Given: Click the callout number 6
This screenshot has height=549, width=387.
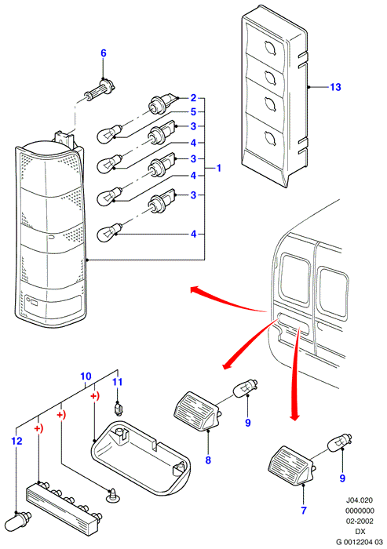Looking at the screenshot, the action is [x=103, y=53].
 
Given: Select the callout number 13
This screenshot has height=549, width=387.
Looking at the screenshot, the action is [x=335, y=87].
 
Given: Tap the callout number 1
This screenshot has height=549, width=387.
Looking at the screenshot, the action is [x=219, y=168].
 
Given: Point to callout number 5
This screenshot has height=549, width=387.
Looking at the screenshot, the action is [x=193, y=112].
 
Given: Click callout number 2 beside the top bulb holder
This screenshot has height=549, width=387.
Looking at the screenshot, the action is [x=193, y=98].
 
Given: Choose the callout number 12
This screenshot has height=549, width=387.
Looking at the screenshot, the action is [x=16, y=441].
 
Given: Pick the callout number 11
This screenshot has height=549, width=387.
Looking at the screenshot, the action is [x=118, y=381].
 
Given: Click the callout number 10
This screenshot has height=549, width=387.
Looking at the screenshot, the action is [x=86, y=376].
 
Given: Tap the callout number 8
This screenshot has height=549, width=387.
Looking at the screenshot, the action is [x=208, y=460].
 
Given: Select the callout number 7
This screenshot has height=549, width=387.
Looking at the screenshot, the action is [x=304, y=511].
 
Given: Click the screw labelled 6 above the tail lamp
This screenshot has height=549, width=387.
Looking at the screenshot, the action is [x=100, y=91].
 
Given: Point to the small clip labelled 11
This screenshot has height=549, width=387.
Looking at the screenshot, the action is [x=119, y=409].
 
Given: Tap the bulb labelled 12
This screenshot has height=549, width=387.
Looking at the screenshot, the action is [x=22, y=519].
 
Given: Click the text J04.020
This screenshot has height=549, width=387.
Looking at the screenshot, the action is [x=360, y=500].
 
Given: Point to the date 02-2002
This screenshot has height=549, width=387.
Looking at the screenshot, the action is [x=360, y=521].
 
